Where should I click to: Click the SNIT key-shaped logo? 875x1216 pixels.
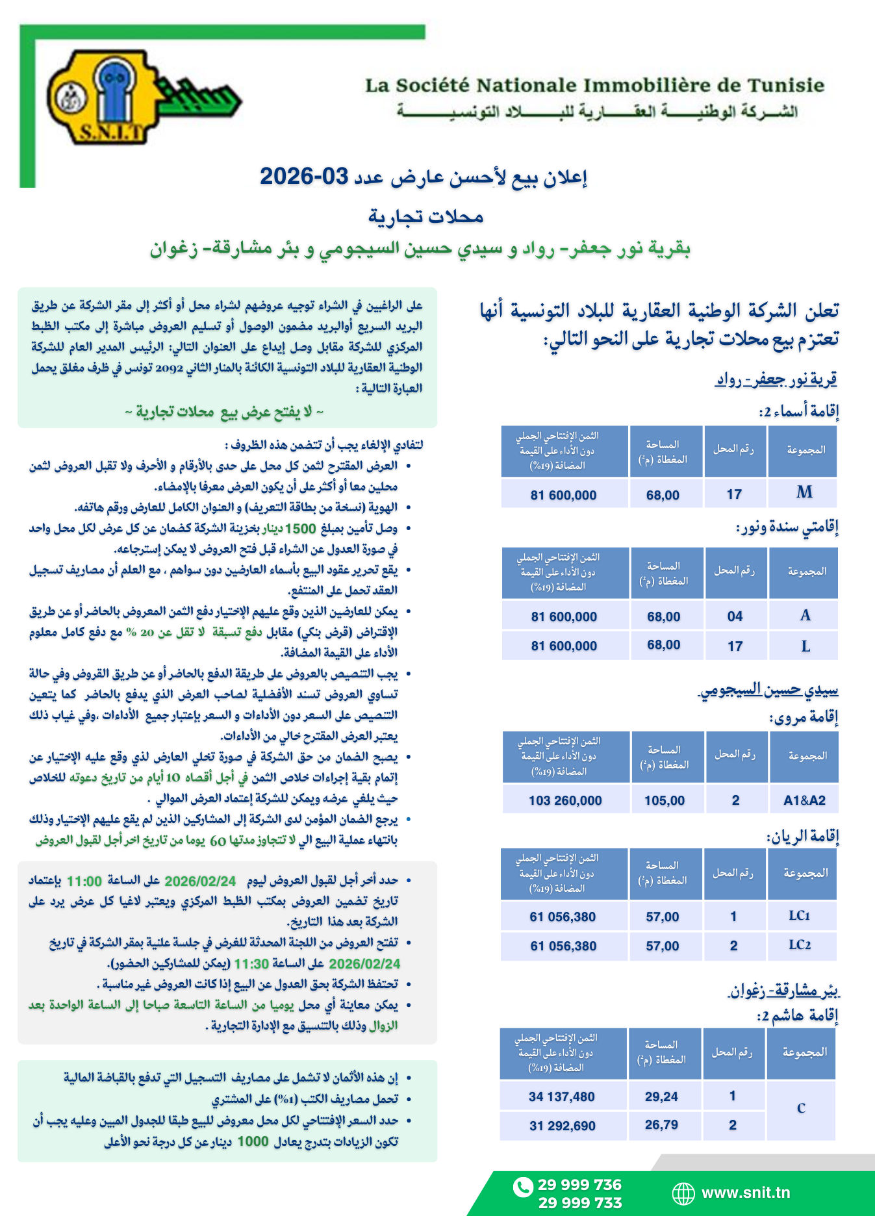[x=140, y=97]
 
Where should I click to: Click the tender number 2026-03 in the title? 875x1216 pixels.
[x=304, y=176]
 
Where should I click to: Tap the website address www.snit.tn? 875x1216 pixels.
[x=746, y=1193]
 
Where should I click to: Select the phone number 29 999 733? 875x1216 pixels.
[x=579, y=1203]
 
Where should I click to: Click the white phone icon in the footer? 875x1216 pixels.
[x=522, y=1187]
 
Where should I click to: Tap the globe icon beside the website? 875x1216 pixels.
[x=683, y=1193]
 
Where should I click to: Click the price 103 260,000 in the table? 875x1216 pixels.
[x=565, y=800]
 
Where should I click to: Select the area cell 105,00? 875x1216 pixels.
[x=665, y=800]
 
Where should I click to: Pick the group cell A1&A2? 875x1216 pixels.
[x=804, y=800]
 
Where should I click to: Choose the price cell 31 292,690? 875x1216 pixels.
[x=562, y=1126]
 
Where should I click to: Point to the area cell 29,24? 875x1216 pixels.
[x=661, y=1096]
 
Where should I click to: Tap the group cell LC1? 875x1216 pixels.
[x=800, y=916]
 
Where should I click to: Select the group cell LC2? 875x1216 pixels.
[x=800, y=945]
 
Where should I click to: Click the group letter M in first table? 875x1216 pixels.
[x=804, y=492]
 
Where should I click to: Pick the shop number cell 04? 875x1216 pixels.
[x=735, y=616]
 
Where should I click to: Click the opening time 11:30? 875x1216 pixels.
[x=251, y=963]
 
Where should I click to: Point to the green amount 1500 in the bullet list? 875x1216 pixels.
[x=300, y=528]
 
